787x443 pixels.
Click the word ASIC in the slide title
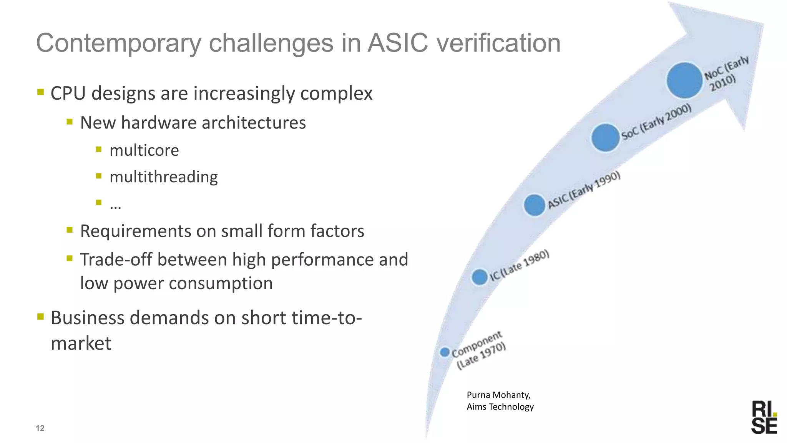397,43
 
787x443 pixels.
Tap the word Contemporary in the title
118,43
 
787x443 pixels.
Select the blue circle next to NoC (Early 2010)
684,80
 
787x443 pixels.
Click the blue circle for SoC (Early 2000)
605,137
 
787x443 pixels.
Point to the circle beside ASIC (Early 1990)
535,205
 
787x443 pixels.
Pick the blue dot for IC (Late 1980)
480,277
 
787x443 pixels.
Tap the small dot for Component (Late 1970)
445,352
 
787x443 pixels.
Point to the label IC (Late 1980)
520,265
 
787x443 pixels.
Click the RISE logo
764,417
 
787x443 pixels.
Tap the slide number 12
40,428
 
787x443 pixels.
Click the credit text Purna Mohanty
498,395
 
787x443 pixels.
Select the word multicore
144,150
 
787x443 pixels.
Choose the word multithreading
164,177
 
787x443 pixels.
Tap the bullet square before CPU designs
41,92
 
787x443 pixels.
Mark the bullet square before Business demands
41,316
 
